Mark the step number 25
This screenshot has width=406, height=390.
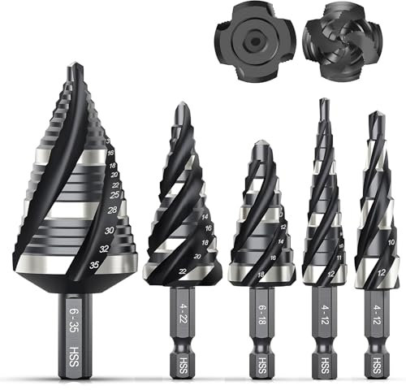pos(115,195)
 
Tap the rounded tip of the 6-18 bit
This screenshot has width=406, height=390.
pos(258,145)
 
